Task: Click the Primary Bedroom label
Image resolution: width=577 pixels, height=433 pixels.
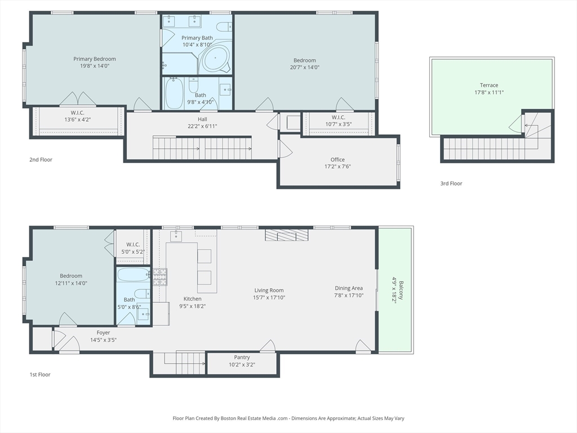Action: pos(95,59)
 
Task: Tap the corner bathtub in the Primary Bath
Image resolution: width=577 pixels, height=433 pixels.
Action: pos(215,59)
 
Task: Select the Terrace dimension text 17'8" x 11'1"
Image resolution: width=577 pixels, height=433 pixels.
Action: pos(489,92)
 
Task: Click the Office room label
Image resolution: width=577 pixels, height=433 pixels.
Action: pos(338,160)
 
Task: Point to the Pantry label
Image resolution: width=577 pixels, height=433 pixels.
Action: pos(242,357)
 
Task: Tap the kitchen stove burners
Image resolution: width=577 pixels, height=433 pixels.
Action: pos(159,277)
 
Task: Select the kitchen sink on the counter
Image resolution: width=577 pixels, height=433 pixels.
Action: pos(176,236)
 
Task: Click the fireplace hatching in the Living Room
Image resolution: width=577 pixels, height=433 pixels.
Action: pos(287,235)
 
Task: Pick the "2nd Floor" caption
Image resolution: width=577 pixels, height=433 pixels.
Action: pos(41,160)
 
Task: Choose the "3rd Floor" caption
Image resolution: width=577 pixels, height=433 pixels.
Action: pos(451,183)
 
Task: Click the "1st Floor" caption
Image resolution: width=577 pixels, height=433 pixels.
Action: pos(40,374)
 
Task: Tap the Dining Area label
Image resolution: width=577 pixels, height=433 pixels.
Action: pos(349,288)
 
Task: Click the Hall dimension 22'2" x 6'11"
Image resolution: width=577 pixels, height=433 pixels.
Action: pos(202,126)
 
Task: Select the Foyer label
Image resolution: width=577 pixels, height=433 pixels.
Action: pos(104,333)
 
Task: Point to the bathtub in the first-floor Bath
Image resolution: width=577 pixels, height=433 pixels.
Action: pos(133,275)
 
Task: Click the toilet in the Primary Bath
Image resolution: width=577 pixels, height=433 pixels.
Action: pos(224,27)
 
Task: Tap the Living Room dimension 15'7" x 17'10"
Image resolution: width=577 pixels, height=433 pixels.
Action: pos(269,298)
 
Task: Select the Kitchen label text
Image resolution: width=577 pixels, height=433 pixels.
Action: pos(193,299)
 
